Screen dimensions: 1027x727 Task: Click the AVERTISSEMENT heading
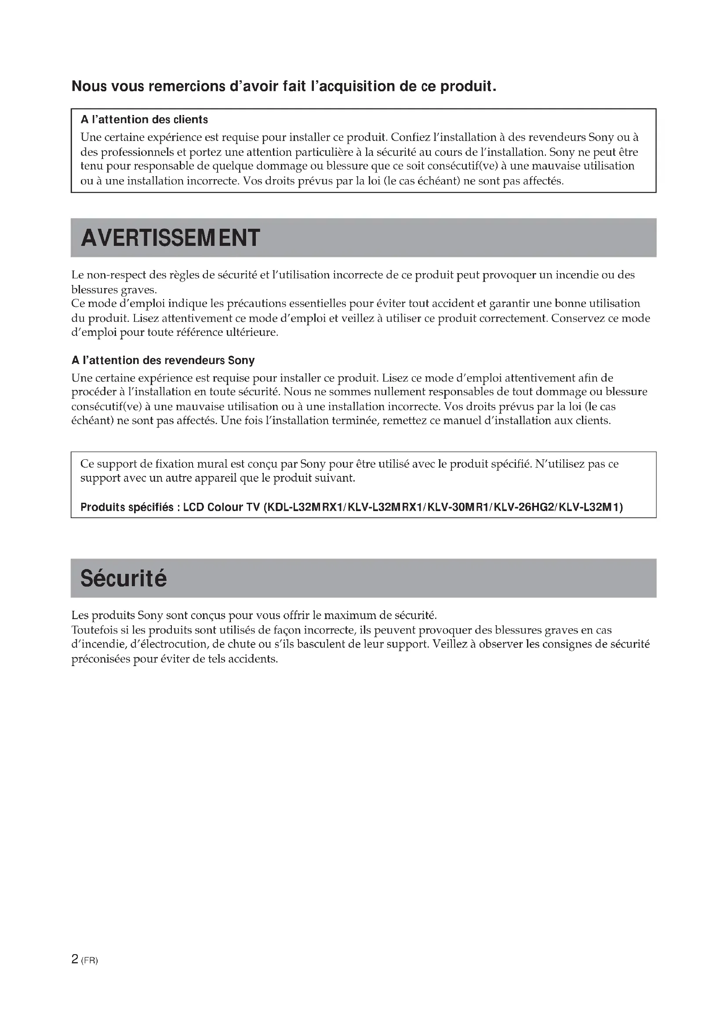pyautogui.click(x=170, y=238)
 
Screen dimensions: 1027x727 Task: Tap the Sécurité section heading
pyautogui.click(x=124, y=578)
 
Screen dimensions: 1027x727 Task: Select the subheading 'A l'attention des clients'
pyautogui.click(x=144, y=120)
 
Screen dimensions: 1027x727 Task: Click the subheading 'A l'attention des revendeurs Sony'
pyautogui.click(x=163, y=360)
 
